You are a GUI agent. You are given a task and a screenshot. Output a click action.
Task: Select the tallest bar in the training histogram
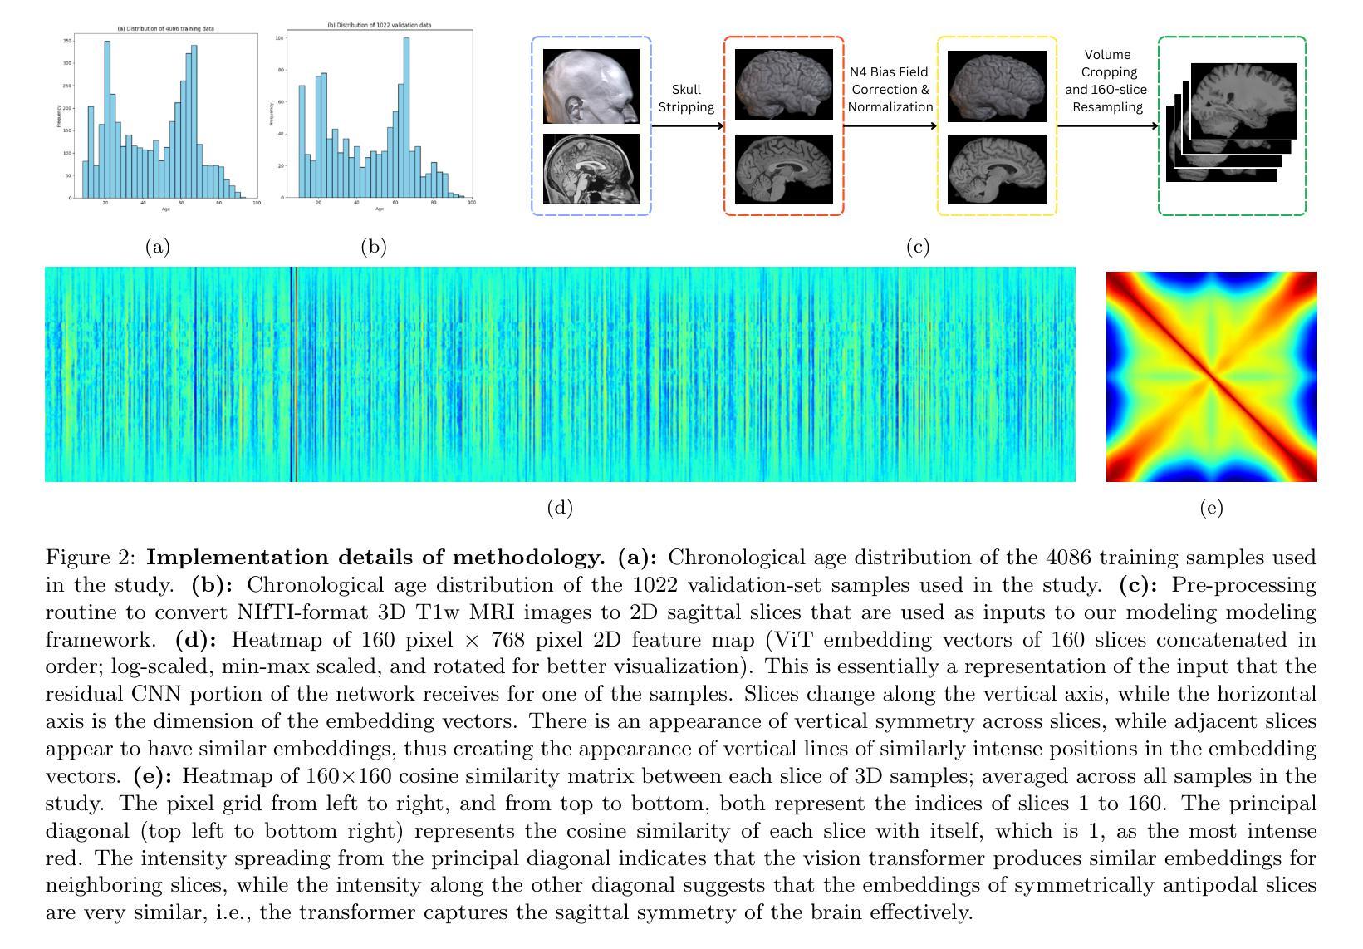coord(107,120)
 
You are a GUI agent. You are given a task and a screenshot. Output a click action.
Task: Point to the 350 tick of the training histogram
coord(69,41)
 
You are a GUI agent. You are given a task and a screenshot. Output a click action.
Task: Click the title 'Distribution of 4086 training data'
coord(165,28)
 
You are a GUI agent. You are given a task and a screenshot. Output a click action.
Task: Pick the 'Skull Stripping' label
coord(686,98)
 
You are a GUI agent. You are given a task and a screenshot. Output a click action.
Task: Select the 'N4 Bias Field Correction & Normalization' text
coord(890,89)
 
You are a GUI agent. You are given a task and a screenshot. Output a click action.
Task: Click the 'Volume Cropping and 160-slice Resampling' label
coord(1106,81)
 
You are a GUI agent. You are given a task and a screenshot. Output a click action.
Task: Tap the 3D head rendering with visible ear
coord(591,86)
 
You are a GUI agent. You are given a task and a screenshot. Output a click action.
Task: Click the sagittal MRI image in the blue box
coord(591,169)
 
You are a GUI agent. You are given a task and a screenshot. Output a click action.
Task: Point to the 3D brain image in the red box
coord(784,86)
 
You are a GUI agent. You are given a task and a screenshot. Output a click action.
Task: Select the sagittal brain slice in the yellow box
coord(997,169)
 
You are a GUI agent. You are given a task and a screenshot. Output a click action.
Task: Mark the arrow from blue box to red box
coord(687,126)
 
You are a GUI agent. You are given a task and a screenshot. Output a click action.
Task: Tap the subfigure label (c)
coord(917,246)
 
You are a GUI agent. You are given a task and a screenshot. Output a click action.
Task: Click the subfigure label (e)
coord(1211,508)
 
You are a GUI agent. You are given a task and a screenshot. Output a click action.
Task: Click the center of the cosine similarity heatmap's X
coord(1212,376)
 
